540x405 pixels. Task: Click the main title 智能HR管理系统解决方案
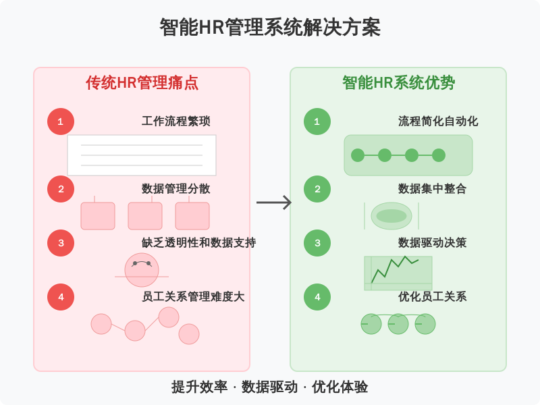coord(270,28)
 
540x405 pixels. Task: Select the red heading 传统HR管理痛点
coord(142,83)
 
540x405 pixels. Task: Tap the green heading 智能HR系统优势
coord(398,83)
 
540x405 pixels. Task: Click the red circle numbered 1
coord(61,122)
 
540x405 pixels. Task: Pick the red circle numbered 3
coord(61,243)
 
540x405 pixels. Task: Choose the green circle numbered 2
coord(317,189)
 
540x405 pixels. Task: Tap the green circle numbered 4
coord(317,297)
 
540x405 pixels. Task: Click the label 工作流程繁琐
coord(175,122)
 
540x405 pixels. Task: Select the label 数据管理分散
coord(175,189)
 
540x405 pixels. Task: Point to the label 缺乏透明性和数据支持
coord(198,243)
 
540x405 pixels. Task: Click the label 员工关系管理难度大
coord(193,297)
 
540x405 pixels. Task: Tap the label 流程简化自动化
coord(438,122)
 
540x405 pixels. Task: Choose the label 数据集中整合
coord(432,189)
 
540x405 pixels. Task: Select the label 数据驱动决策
coord(432,243)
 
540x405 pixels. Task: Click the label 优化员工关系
coord(432,297)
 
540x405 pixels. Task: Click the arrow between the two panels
coord(274,202)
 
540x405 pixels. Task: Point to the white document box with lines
coord(142,155)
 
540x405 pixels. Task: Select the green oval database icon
coord(391,216)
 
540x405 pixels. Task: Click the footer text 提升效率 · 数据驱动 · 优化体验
coord(270,387)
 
